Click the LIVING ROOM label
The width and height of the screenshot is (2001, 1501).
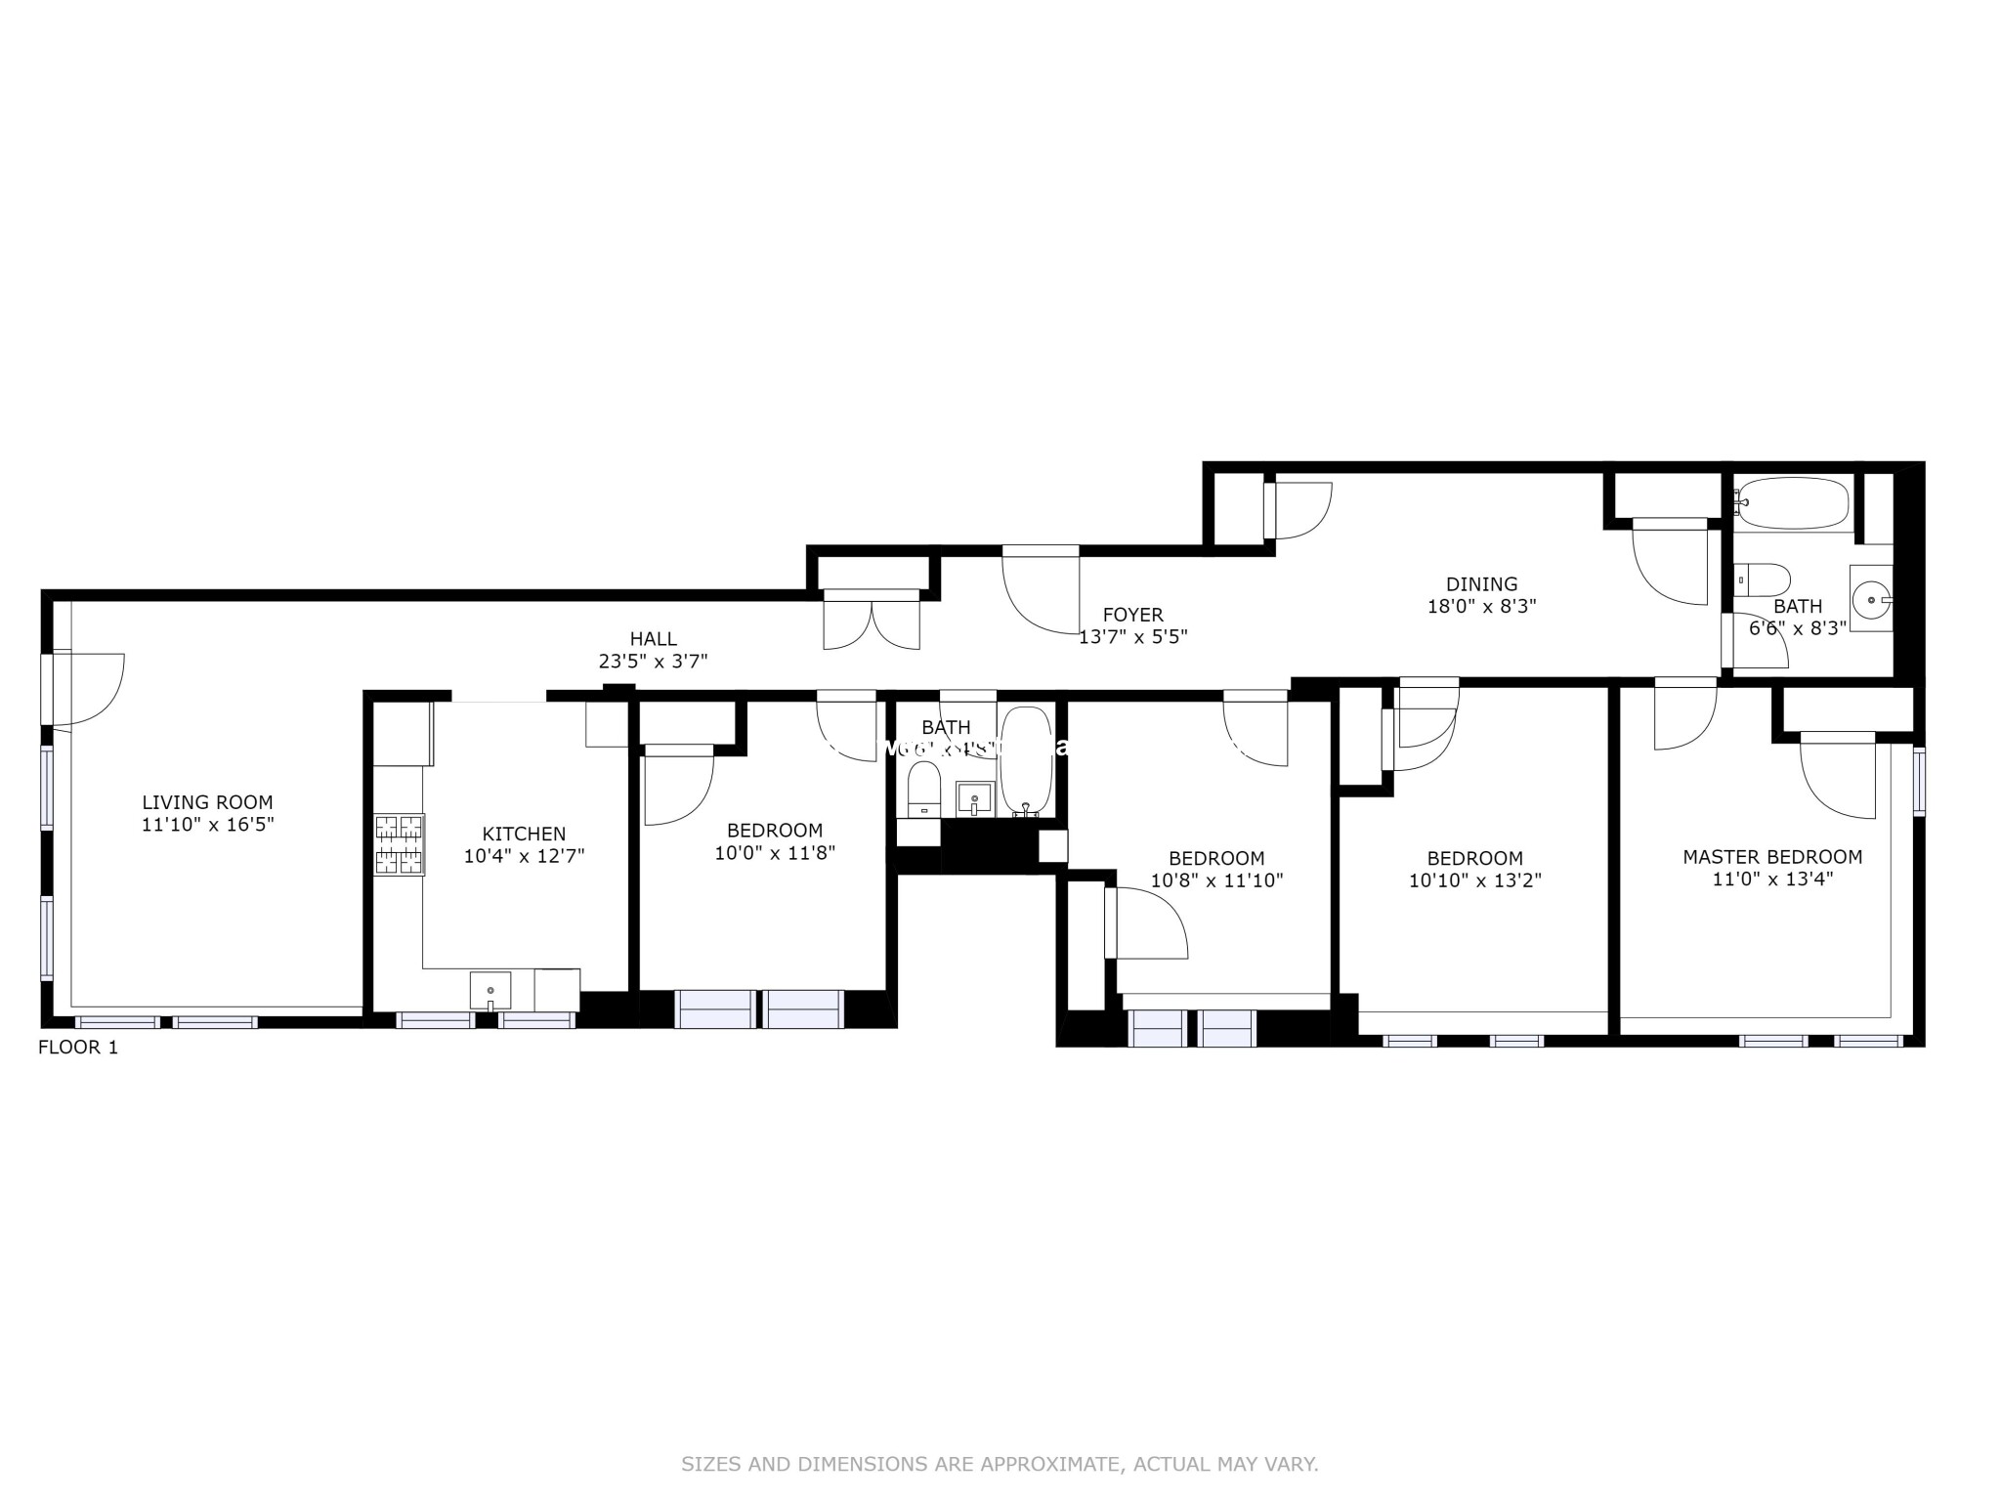click(x=207, y=803)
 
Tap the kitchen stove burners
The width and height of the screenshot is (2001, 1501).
click(x=400, y=843)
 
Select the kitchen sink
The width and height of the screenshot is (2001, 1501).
click(x=490, y=990)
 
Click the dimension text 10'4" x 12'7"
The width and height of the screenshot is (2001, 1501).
click(x=524, y=856)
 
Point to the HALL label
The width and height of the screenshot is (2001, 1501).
click(x=653, y=639)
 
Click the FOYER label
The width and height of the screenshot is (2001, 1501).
click(x=1132, y=615)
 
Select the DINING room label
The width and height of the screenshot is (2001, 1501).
click(x=1481, y=584)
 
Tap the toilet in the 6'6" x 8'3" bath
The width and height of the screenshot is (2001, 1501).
click(x=1762, y=579)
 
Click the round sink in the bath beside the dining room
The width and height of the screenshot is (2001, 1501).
click(x=1869, y=599)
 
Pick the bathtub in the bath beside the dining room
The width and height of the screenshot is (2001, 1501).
click(x=1792, y=503)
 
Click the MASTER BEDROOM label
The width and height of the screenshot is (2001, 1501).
click(x=1771, y=857)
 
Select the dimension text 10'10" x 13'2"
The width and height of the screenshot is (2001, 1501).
click(x=1474, y=880)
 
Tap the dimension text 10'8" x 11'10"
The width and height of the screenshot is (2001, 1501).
click(x=1216, y=880)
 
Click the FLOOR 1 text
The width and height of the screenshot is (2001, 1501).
click(x=78, y=1048)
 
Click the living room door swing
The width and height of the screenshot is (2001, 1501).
click(x=90, y=689)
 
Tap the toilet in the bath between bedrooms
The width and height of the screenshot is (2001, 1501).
click(x=923, y=788)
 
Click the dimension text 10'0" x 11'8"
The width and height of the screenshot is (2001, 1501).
click(x=775, y=853)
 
